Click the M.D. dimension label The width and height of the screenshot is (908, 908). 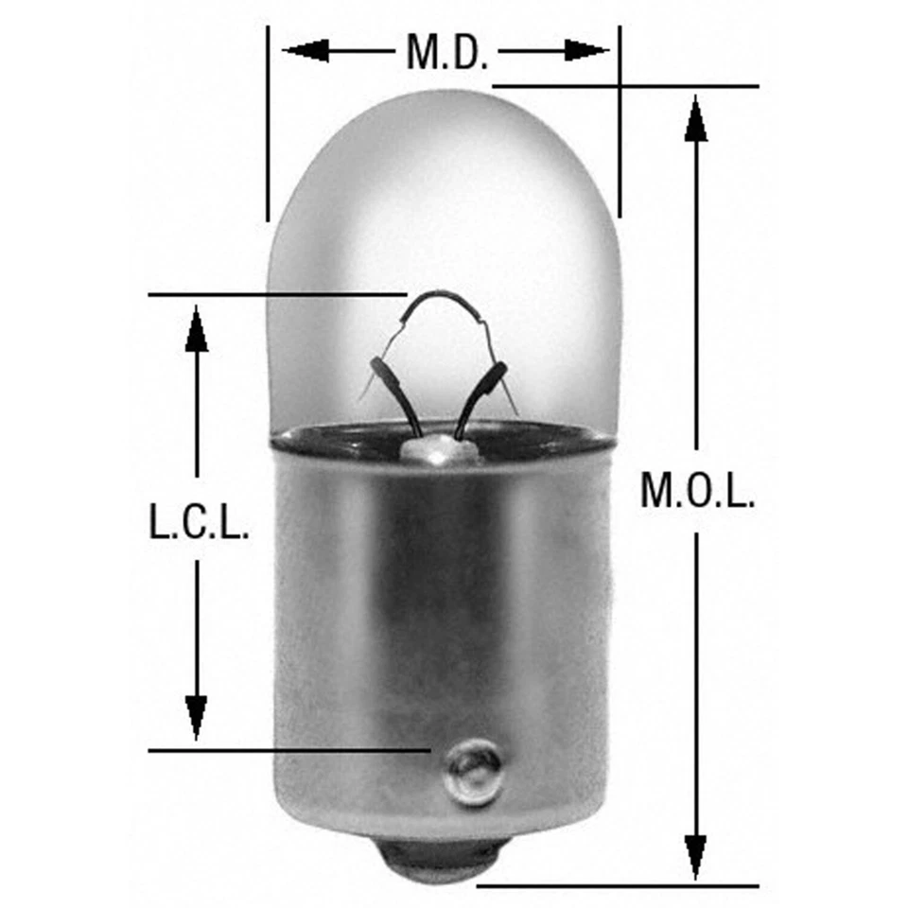(446, 52)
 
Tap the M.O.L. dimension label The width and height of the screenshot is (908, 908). (697, 491)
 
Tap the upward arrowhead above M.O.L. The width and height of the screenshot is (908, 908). (696, 119)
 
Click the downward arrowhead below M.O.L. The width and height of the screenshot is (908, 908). (696, 856)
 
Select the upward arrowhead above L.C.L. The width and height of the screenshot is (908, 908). (197, 329)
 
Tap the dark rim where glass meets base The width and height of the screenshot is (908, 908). (445, 437)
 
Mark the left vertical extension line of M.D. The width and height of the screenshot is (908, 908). (268, 123)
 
